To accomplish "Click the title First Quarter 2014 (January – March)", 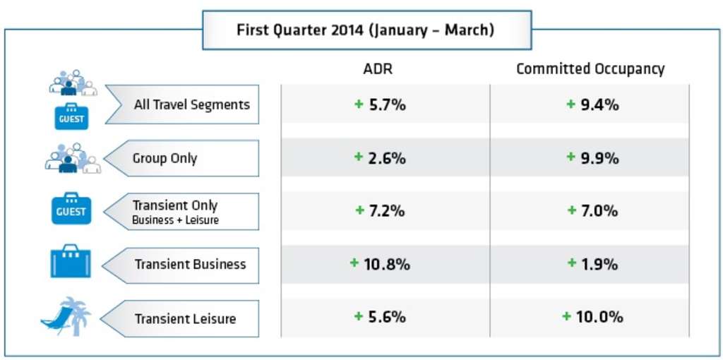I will click(365, 30).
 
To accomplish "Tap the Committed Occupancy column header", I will click(590, 69).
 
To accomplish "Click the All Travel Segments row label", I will click(191, 104).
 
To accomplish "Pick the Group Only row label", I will click(165, 158).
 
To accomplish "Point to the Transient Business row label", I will click(190, 264).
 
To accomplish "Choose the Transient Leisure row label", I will click(185, 318).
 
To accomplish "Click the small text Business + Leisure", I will click(175, 220).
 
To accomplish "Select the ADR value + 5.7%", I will click(380, 104).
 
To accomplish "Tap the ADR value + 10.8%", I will click(380, 264).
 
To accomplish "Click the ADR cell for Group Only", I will click(380, 158).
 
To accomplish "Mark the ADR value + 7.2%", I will click(380, 210).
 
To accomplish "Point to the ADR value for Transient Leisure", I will click(380, 317).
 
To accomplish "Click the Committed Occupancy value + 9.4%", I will click(592, 104).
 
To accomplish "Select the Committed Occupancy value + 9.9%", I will click(592, 158).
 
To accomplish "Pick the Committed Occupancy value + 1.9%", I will click(592, 264).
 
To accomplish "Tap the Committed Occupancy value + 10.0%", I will click(592, 317).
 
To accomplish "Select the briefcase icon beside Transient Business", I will click(71, 263).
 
